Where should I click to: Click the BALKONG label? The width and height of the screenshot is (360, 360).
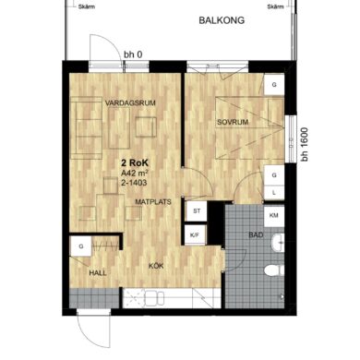tap(222, 20)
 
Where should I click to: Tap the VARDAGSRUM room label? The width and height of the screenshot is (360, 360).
tap(130, 103)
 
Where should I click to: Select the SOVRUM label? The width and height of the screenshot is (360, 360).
tap(233, 122)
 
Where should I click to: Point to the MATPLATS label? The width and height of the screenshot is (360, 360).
tap(153, 202)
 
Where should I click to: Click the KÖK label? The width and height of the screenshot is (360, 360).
tap(156, 266)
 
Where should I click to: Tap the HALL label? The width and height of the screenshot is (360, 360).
tap(98, 273)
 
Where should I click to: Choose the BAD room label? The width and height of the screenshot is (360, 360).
tap(256, 235)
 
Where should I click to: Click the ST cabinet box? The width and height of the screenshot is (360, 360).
tap(197, 211)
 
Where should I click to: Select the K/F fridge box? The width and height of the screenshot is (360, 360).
tap(195, 235)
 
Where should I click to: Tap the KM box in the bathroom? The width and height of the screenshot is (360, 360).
tap(274, 216)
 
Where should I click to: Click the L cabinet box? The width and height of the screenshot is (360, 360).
tap(274, 193)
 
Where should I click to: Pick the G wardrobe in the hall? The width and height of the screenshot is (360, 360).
tap(81, 246)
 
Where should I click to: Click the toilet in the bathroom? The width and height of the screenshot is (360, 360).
tap(274, 270)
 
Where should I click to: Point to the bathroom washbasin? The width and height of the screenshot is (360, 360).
tap(278, 243)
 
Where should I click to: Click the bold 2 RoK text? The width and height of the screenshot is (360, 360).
tap(135, 162)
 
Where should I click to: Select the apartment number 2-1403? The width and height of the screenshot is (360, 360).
tap(134, 183)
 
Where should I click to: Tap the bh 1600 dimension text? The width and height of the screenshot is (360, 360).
tap(305, 144)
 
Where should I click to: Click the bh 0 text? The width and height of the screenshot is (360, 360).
tap(133, 54)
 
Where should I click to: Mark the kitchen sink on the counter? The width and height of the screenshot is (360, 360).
tap(154, 298)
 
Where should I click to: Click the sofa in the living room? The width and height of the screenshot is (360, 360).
tap(86, 127)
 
